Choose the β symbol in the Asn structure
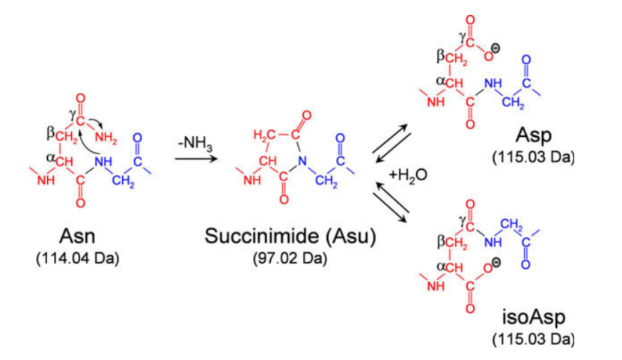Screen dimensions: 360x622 point(50,133)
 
